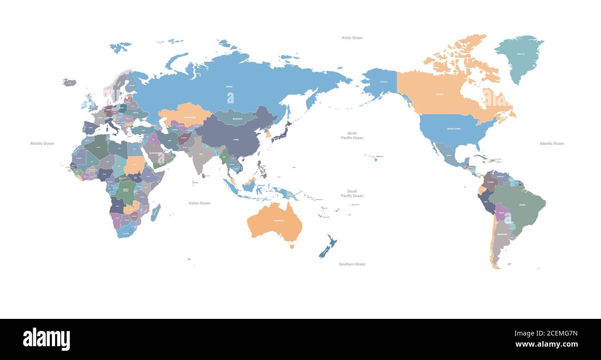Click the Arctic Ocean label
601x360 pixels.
pyautogui.click(x=352, y=38)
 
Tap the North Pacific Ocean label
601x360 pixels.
pyautogui.click(x=352, y=135)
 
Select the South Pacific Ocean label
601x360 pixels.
pyautogui.click(x=352, y=193)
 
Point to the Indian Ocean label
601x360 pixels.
pyautogui.click(x=199, y=203)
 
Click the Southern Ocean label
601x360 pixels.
pyautogui.click(x=352, y=264)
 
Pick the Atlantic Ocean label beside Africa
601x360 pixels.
pyautogui.click(x=42, y=143)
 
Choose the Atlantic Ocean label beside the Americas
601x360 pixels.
pyautogui.click(x=552, y=143)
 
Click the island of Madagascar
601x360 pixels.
pyautogui.click(x=155, y=213)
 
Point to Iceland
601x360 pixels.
pyautogui.click(x=69, y=82)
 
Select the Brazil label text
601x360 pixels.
pyautogui.click(x=522, y=205)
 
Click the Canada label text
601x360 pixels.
pyautogui.click(x=439, y=94)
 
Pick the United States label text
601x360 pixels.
pyautogui.click(x=453, y=129)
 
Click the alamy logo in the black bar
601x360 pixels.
pyautogui.click(x=46, y=339)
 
